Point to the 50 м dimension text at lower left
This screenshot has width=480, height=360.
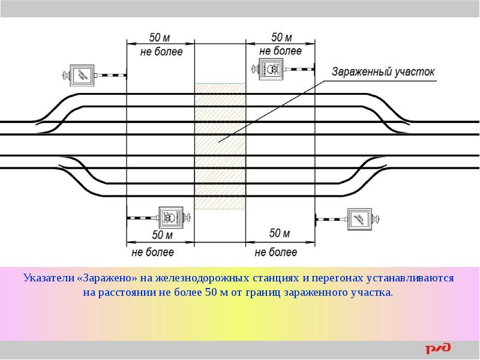(161, 235)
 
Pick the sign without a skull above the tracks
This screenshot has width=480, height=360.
(82, 75)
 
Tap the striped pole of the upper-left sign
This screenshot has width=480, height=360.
(112, 76)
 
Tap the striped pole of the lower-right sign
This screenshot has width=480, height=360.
(331, 219)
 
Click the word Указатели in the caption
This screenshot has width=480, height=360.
(49, 279)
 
